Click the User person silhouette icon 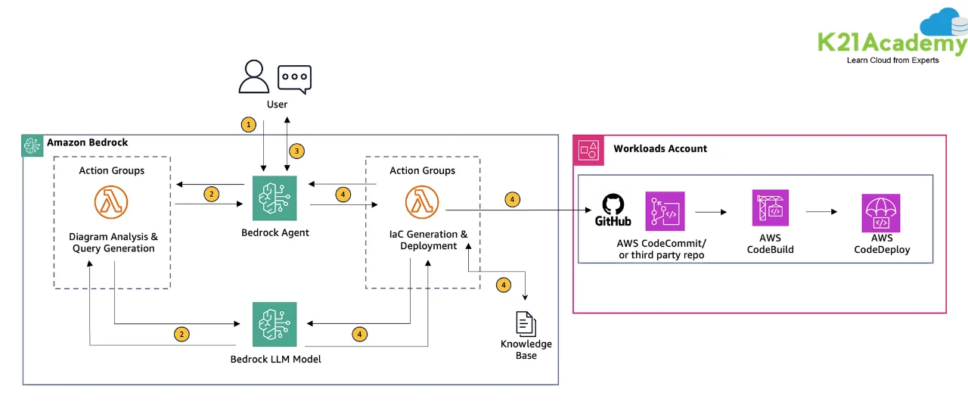[254, 76]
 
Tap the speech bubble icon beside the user [294, 79]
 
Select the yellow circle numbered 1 [248, 124]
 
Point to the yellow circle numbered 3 [297, 151]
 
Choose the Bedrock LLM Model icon [275, 324]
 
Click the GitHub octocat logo [613, 204]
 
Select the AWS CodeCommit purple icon [665, 211]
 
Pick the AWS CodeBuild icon [770, 208]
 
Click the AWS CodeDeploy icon [880, 213]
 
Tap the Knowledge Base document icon [526, 323]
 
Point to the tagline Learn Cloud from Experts [892, 61]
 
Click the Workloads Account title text [660, 148]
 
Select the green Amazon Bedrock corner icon [33, 145]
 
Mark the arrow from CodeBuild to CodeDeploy [821, 212]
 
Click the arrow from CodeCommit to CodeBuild [711, 212]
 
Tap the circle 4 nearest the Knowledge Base [503, 285]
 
